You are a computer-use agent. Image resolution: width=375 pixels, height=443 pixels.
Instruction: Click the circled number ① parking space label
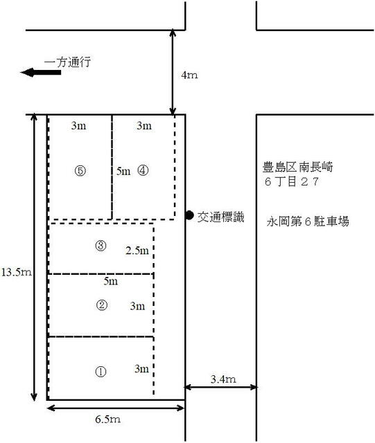[101, 372]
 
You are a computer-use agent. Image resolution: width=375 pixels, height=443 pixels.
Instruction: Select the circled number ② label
[102, 305]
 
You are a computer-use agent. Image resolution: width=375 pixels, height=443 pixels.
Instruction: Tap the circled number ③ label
[101, 246]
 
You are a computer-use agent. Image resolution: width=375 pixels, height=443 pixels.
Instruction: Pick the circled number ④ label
[143, 170]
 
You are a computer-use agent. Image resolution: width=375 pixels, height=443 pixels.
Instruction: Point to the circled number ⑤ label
[80, 171]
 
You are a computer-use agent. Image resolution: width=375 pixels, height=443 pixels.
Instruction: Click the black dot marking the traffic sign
[189, 215]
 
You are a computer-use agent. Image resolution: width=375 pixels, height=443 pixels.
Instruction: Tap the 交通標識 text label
[220, 217]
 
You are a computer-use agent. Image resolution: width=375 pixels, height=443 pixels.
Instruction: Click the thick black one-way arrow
[41, 72]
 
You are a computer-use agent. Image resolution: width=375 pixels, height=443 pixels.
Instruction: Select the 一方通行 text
[68, 62]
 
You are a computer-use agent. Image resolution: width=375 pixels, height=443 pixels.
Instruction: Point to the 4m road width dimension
[189, 75]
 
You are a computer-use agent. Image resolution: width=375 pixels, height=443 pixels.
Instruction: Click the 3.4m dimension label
[223, 379]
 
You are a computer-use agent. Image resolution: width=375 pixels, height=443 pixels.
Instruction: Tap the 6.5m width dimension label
[107, 419]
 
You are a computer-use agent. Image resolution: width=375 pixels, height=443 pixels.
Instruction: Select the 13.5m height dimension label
[17, 272]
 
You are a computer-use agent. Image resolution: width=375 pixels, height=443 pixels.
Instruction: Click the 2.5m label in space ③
[137, 251]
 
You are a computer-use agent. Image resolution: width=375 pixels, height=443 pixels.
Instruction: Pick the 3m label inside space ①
[141, 369]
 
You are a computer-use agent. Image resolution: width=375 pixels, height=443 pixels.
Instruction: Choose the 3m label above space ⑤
[79, 125]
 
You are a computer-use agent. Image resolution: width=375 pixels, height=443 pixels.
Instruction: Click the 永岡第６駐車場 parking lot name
[308, 221]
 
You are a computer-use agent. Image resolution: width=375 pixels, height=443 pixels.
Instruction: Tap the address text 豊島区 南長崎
[298, 167]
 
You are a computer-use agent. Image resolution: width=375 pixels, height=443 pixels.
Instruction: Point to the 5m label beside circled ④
[123, 171]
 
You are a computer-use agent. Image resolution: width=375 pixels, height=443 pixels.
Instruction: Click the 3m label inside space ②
[137, 306]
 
